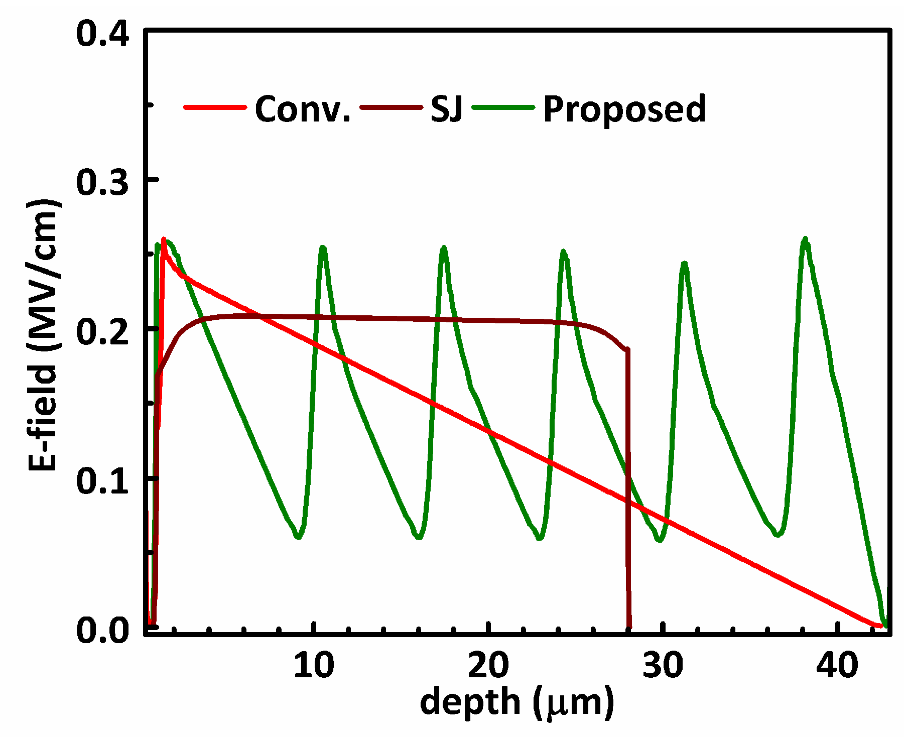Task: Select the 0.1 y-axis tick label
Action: coord(103,480)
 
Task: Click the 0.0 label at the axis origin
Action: coord(103,629)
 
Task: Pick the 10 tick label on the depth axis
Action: coord(314,665)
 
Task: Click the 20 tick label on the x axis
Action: coord(488,665)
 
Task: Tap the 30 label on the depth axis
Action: coord(663,665)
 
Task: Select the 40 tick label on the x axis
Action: coord(837,665)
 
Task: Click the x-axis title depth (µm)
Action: coord(517,701)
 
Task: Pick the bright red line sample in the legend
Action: coord(215,107)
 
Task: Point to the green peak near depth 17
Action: coord(444,248)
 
